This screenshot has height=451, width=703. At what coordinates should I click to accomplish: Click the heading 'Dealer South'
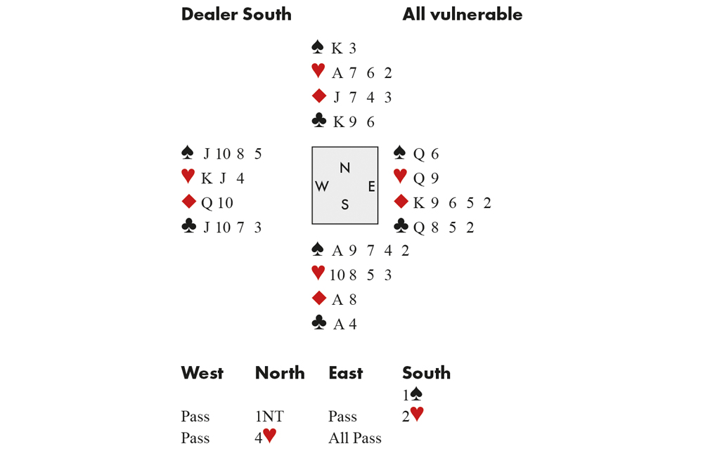[x=236, y=15]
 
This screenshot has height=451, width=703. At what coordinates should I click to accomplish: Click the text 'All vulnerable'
[x=462, y=15]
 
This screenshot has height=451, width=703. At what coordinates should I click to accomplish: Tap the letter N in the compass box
[x=344, y=167]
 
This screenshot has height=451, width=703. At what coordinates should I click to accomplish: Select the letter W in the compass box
[x=322, y=186]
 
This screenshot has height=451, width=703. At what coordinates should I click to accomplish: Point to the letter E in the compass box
[x=371, y=186]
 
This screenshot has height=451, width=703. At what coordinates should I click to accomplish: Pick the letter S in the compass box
[x=344, y=204]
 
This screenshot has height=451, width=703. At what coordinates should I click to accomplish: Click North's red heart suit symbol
[x=318, y=71]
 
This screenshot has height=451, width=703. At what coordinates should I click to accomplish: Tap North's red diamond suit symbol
[x=318, y=96]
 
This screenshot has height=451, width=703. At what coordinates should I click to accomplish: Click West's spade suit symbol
[x=188, y=152]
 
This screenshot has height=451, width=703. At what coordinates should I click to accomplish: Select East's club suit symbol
[x=400, y=226]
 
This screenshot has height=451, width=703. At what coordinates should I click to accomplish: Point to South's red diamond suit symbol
[x=318, y=299]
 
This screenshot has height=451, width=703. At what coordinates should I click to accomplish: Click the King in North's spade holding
[x=337, y=48]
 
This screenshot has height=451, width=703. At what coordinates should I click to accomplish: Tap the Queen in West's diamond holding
[x=207, y=203]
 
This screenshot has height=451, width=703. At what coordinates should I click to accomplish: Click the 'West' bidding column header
[x=202, y=373]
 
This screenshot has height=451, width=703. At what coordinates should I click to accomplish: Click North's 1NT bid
[x=271, y=417]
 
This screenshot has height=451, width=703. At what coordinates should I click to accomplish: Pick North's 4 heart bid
[x=266, y=437]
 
